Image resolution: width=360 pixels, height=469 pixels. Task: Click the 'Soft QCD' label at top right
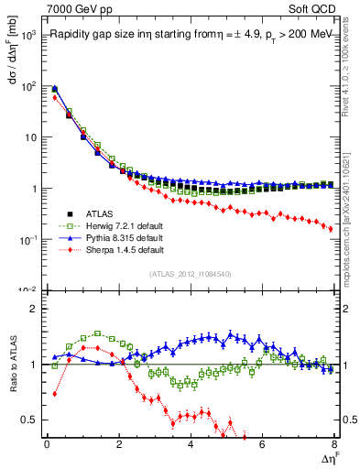[311, 8]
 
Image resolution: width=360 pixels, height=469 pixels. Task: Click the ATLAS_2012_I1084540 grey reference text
[191, 273]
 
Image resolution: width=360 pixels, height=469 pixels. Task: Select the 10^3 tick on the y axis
[29, 35]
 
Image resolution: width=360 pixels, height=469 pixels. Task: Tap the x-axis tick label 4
[191, 445]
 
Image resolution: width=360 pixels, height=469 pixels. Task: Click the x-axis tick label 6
[262, 445]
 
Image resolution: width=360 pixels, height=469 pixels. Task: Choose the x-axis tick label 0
[47, 445]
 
